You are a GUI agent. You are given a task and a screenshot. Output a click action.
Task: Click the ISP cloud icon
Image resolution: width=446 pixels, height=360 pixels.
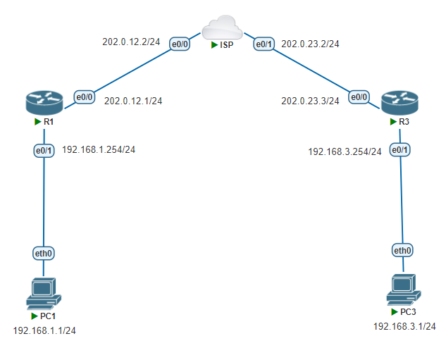[222, 30]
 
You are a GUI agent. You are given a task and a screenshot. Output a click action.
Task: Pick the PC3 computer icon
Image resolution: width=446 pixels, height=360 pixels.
[404, 290]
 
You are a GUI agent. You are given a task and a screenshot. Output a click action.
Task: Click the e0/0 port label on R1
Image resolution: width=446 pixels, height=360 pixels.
[85, 97]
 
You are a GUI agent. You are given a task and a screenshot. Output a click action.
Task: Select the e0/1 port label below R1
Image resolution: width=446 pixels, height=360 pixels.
[44, 150]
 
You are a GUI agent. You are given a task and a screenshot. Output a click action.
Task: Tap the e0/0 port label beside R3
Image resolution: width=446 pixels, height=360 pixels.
[359, 97]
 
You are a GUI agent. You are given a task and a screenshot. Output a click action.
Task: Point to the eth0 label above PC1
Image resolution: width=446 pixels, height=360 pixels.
[44, 253]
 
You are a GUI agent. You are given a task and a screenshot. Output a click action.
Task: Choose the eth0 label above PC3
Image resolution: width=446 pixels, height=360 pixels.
[403, 250]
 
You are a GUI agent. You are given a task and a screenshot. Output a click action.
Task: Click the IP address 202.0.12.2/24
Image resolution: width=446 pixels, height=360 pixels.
[132, 42]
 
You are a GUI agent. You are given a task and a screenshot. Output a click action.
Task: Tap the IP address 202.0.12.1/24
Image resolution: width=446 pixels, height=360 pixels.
[133, 101]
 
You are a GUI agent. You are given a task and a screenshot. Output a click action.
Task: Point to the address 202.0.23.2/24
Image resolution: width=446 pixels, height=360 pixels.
[310, 44]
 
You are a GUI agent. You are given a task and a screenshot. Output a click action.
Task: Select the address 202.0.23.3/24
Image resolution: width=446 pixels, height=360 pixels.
[310, 101]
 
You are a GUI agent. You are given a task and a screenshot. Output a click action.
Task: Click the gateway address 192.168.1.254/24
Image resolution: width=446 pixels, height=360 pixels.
[99, 149]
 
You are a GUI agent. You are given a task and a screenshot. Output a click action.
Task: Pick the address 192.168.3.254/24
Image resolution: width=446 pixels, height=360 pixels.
[345, 151]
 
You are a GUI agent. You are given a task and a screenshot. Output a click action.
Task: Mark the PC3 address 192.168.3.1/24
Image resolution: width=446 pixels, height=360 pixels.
[404, 326]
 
